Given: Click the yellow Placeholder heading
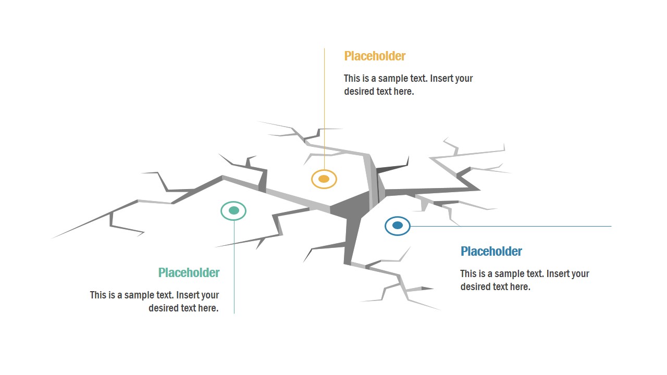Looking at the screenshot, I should [x=375, y=56].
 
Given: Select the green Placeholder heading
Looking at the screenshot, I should [x=189, y=273].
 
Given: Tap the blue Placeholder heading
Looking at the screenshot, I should [x=491, y=252].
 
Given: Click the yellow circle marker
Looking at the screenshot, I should [x=324, y=179].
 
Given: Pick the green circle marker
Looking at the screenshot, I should [x=233, y=210].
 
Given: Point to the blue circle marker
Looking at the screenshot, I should [x=398, y=226].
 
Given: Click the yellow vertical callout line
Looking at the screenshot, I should [x=324, y=104].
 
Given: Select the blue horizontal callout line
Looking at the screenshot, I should [x=511, y=227].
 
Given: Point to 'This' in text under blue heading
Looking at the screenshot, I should [x=468, y=274].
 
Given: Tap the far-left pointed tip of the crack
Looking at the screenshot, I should [x=53, y=238].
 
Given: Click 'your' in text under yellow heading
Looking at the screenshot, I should [x=464, y=79].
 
